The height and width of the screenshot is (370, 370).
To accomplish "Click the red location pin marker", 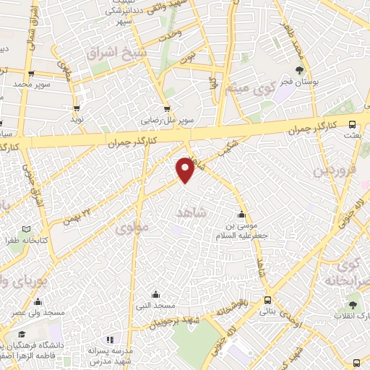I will click(x=186, y=170).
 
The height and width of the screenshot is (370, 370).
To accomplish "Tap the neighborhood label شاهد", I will click(x=192, y=212).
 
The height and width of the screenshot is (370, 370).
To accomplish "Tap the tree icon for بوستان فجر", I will click(x=299, y=70).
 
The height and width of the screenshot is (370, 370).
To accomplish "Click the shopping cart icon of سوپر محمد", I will click(x=31, y=73).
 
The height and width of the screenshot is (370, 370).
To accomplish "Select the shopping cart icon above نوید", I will click(x=76, y=107).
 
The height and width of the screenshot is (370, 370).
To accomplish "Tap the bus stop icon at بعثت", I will click(x=352, y=124).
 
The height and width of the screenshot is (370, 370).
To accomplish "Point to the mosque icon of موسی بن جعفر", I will click(x=242, y=214).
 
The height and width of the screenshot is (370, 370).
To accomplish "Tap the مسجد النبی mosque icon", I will click(x=155, y=294).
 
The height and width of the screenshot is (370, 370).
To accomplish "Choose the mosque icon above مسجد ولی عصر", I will click(x=38, y=301).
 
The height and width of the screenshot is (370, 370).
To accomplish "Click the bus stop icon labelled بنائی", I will click(x=267, y=300).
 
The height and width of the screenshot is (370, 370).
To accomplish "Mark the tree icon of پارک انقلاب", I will click(x=353, y=305).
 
